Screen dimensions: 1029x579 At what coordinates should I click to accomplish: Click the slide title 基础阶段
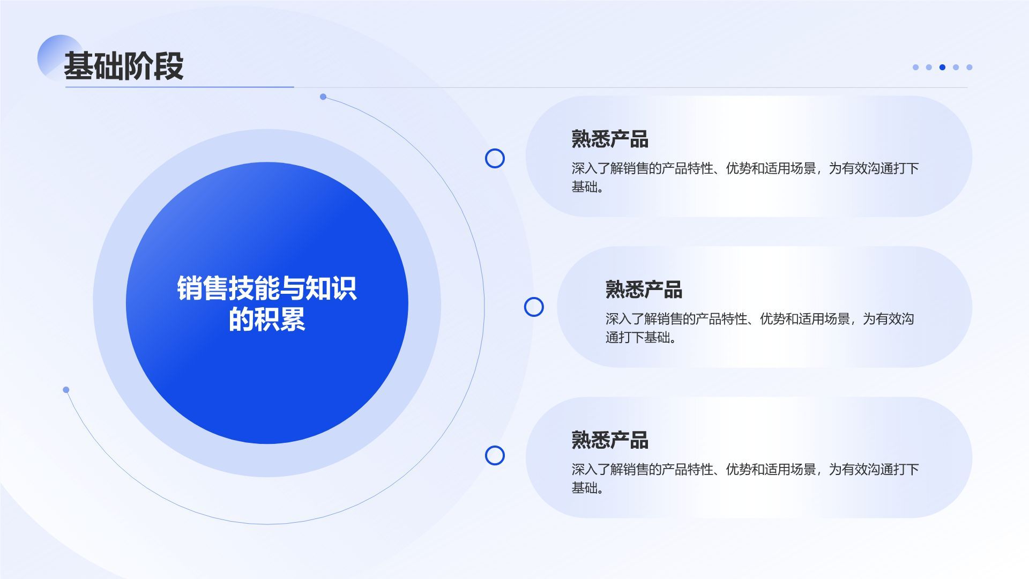click(x=124, y=66)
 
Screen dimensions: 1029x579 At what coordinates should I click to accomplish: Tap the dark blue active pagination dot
click(x=942, y=67)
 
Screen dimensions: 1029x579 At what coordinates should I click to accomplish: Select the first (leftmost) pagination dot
click(x=915, y=67)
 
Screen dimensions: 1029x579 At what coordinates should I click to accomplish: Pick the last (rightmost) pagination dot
click(x=969, y=67)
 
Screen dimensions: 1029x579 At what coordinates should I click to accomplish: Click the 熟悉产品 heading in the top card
click(x=610, y=139)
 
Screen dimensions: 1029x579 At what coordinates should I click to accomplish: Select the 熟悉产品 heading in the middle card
click(x=644, y=289)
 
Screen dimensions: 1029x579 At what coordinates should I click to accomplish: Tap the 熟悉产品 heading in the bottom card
click(x=610, y=440)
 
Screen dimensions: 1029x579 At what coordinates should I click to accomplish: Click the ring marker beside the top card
click(x=495, y=158)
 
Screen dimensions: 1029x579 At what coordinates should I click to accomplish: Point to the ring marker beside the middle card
click(x=533, y=307)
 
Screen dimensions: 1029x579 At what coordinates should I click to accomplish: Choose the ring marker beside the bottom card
click(x=495, y=455)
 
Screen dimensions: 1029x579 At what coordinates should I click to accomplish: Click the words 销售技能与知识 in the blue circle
click(x=267, y=288)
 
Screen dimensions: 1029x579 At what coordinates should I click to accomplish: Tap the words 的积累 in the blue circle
click(x=267, y=319)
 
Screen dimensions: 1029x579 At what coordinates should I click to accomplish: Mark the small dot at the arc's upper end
click(x=323, y=96)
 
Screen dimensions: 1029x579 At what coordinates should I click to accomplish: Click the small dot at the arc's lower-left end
click(x=66, y=390)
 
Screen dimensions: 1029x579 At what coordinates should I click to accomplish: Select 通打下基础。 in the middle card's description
click(x=642, y=337)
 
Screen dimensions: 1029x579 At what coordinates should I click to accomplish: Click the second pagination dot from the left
click(x=929, y=67)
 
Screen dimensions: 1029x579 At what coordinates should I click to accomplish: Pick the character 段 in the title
click(x=169, y=66)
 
